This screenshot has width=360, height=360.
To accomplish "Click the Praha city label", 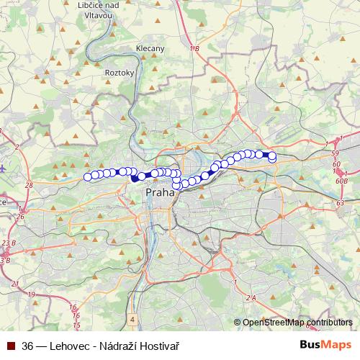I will point(160,193).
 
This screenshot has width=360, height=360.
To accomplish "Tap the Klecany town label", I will point(150,49).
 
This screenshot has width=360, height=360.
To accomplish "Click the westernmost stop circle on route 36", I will point(88,176).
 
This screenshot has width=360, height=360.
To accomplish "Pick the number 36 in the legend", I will point(28,346).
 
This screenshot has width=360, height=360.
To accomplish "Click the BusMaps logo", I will point(325,345).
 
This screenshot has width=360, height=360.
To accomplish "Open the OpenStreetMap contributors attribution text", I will point(297,323).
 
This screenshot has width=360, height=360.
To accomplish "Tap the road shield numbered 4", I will point(133,318).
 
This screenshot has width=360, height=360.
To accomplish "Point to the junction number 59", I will point(336,153).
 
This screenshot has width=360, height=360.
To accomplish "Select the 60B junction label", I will point(341,181).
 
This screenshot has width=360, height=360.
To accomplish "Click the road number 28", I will point(29,186).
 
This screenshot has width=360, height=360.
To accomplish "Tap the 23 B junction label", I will point(9,243).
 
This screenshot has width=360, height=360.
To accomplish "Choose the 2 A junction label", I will point(251,297).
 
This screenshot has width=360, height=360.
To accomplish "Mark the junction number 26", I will point(22,215).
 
